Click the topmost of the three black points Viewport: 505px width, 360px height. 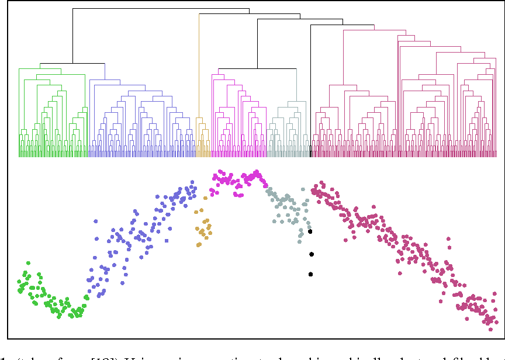[x=310, y=232]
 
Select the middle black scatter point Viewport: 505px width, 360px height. [x=312, y=254]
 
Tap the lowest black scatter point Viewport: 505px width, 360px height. [x=310, y=274]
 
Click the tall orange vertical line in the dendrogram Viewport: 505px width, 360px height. [x=199, y=70]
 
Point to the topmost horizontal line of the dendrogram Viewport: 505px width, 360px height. [x=161, y=9]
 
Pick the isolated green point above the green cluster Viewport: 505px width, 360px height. [x=27, y=264]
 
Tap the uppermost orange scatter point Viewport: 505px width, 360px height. [x=205, y=198]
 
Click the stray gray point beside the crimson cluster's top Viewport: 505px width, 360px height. [x=303, y=189]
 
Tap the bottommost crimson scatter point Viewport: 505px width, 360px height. [x=489, y=322]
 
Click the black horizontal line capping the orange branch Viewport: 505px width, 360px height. [x=225, y=15]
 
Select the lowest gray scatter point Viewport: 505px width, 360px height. [x=299, y=240]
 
